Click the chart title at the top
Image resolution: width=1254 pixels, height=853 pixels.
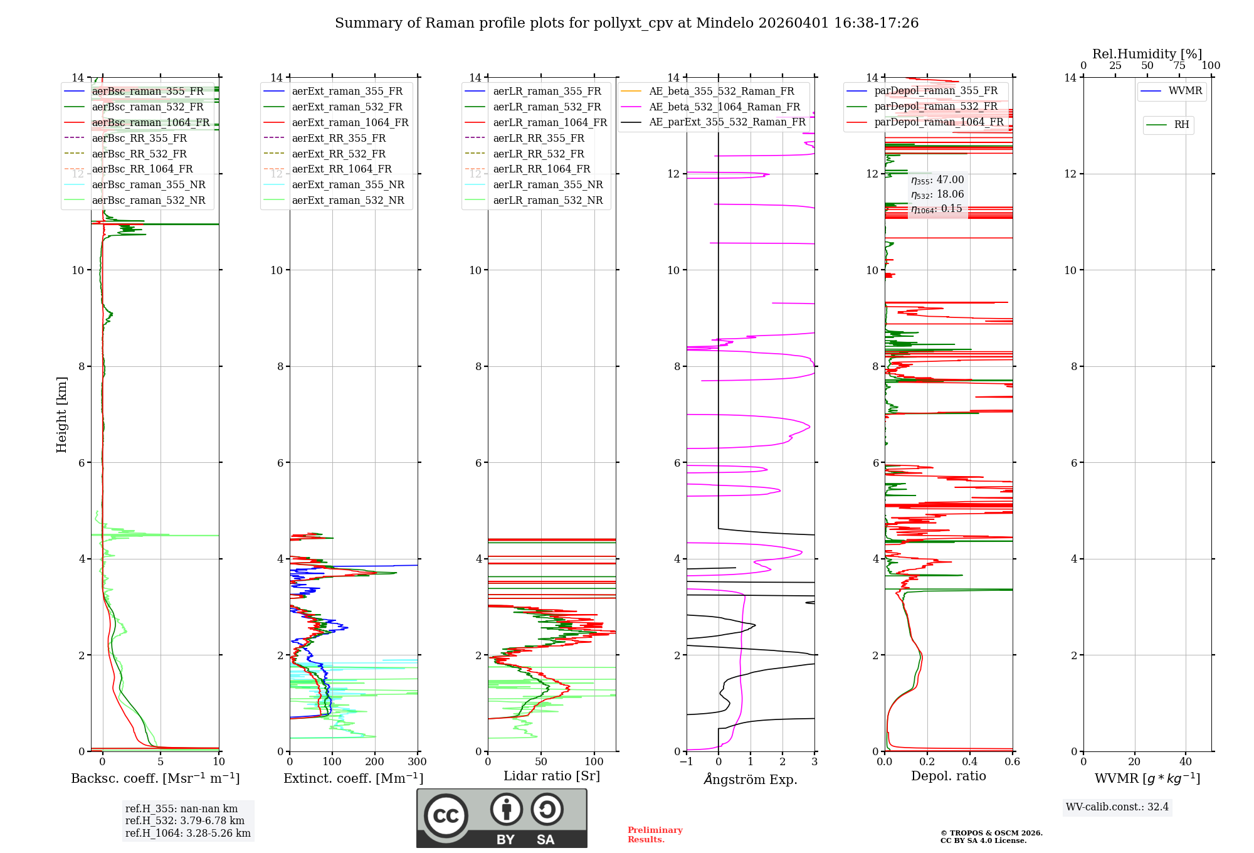click(626, 23)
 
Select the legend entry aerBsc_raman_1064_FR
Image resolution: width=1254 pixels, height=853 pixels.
click(150, 122)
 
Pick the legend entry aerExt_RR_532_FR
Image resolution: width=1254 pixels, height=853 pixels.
click(339, 154)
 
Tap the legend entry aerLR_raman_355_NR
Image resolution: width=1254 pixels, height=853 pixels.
click(547, 184)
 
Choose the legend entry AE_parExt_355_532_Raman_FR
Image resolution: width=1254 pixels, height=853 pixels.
click(727, 122)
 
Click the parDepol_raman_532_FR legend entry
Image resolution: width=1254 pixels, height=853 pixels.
click(935, 106)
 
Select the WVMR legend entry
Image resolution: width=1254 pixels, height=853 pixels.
click(1185, 91)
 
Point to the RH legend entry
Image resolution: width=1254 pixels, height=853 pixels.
click(1181, 125)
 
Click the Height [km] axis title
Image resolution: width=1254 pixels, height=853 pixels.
click(61, 415)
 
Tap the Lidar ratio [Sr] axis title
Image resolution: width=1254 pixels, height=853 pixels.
click(552, 776)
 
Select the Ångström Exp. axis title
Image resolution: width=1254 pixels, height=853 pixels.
click(751, 779)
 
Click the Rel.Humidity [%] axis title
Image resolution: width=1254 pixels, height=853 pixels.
click(1147, 54)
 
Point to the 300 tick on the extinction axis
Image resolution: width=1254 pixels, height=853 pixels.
click(417, 762)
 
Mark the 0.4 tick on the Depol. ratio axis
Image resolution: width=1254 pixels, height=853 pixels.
click(970, 762)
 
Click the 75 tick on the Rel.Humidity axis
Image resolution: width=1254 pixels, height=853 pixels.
click(1179, 66)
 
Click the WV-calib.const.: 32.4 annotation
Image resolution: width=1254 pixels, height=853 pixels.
click(1117, 807)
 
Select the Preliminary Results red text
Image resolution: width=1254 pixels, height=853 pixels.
click(655, 835)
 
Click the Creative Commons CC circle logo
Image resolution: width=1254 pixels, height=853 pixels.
click(446, 816)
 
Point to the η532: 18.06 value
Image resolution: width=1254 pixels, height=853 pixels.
click(937, 194)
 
